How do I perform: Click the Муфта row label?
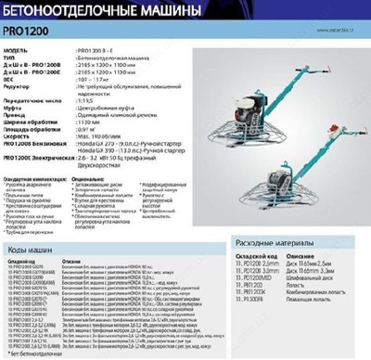16,108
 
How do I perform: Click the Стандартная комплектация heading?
34,177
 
